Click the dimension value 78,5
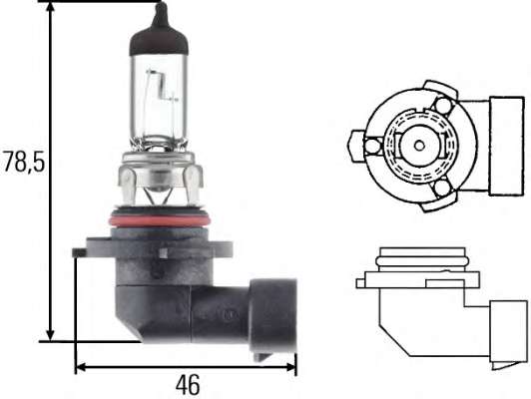pyautogui.click(x=23, y=163)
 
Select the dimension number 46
pyautogui.click(x=186, y=383)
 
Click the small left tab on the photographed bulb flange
pyautogui.click(x=78, y=252)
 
